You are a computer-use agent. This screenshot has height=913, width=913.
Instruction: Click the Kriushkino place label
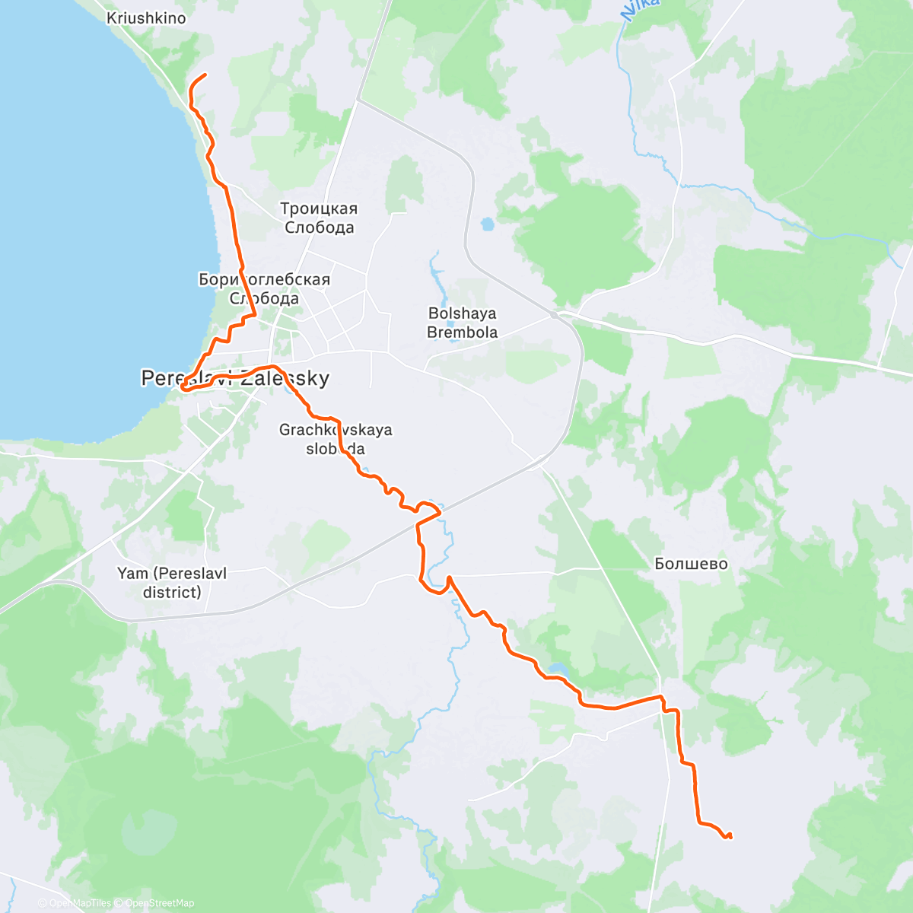click(146, 17)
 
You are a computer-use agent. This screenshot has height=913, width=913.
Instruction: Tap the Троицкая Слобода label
click(319, 218)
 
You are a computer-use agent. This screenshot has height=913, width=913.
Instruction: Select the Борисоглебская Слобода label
click(264, 288)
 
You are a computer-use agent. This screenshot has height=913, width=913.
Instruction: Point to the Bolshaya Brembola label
click(462, 323)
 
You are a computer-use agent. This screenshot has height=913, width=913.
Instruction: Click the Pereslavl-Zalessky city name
click(235, 378)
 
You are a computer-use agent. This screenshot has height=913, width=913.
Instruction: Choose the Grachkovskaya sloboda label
click(336, 439)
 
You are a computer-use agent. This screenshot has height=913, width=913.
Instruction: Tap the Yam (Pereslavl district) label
click(172, 582)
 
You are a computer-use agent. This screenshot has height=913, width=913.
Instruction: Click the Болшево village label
click(691, 564)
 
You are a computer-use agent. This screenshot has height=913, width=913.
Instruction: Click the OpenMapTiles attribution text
click(80, 903)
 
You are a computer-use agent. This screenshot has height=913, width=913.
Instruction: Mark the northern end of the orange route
click(205, 74)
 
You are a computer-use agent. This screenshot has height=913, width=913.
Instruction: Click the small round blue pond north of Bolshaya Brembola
click(487, 224)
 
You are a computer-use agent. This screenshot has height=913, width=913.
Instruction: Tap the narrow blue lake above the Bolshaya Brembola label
click(435, 270)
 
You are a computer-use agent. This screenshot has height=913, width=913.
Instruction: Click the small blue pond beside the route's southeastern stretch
click(557, 670)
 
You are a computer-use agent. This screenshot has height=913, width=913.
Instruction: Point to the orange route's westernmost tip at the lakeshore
click(182, 389)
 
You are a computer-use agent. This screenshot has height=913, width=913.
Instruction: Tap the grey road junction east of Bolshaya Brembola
click(555, 313)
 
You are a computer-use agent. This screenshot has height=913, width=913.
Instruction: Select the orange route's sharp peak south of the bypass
click(450, 577)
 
